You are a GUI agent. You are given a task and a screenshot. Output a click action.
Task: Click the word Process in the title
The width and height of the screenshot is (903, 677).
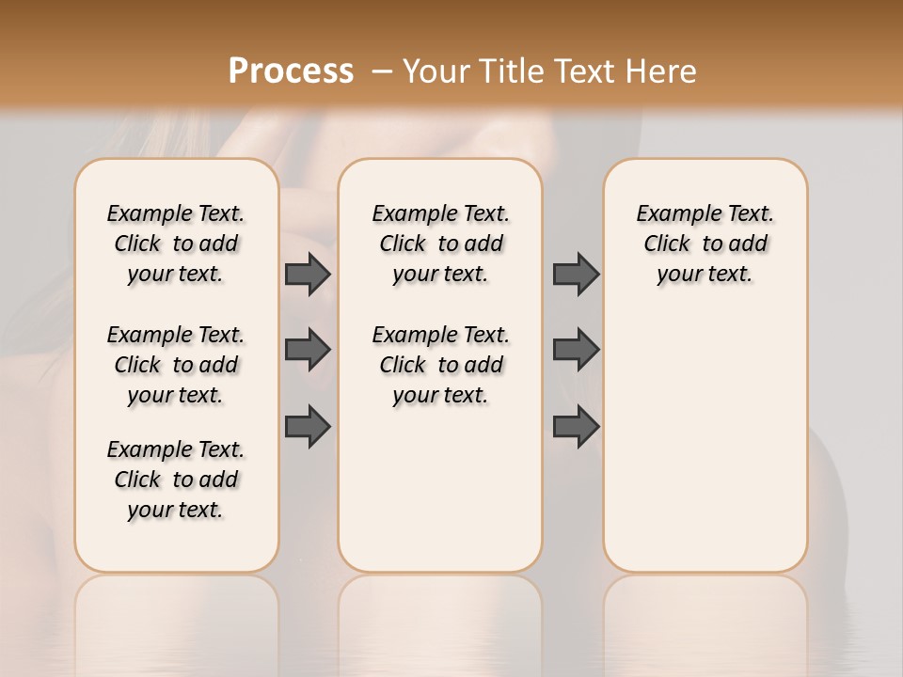[x=291, y=71]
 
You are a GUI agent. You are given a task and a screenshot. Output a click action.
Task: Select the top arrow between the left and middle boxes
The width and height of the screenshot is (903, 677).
[x=308, y=274]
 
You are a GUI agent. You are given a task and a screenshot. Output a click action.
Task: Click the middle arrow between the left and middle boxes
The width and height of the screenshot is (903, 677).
[x=308, y=351]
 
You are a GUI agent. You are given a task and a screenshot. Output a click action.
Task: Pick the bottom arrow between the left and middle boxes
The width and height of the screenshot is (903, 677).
[x=308, y=425]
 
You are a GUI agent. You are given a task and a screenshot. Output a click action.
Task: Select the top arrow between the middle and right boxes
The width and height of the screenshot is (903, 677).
[x=576, y=274]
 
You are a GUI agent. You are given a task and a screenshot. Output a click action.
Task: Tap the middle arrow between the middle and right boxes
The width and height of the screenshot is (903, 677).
[x=576, y=351]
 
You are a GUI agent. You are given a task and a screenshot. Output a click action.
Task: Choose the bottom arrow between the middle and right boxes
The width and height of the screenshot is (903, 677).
[x=576, y=425]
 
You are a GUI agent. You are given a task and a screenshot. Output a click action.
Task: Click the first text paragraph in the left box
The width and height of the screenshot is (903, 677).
[x=176, y=244]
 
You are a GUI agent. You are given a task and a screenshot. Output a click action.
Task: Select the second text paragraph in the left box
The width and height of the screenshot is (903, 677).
[x=176, y=365]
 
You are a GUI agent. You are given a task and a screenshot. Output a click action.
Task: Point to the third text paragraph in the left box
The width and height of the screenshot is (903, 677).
[x=176, y=480]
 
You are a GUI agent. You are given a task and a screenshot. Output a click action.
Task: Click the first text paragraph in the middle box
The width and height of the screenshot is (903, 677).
[x=440, y=244]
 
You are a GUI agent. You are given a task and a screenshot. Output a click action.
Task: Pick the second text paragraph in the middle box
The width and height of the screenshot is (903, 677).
[x=440, y=365]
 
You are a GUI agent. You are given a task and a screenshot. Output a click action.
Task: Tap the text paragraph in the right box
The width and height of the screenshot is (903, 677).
[x=705, y=244]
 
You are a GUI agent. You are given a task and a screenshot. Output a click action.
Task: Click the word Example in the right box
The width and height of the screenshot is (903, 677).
[x=671, y=213]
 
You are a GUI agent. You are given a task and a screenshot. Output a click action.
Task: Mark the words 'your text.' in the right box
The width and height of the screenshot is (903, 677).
[x=705, y=274]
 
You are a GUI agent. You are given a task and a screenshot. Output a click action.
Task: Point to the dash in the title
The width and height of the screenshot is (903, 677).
[x=382, y=71]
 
